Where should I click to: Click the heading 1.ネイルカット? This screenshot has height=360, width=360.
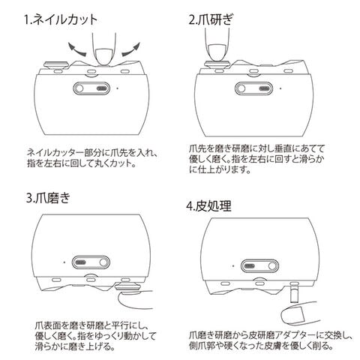point(61,19)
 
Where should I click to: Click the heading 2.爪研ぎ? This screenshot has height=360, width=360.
point(211,19)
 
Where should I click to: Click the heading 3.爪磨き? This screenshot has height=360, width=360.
point(48,198)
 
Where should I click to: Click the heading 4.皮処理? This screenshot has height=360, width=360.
point(208,206)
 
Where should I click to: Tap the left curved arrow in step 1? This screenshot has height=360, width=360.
point(76,50)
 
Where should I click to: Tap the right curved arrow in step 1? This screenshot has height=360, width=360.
point(131,50)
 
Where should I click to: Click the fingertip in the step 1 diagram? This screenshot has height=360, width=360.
point(103,56)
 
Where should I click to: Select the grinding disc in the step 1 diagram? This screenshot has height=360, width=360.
point(55,64)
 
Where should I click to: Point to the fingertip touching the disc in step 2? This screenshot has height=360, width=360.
point(217,52)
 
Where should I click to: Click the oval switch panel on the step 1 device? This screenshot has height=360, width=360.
point(91,88)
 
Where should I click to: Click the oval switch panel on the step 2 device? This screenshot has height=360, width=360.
point(253,88)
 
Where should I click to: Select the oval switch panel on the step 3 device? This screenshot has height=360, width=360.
point(91,262)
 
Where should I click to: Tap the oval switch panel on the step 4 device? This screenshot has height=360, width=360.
point(259,266)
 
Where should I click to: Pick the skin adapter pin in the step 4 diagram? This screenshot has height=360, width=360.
point(295,292)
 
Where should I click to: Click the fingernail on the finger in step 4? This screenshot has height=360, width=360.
point(298,313)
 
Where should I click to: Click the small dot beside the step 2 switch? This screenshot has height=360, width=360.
point(280,88)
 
